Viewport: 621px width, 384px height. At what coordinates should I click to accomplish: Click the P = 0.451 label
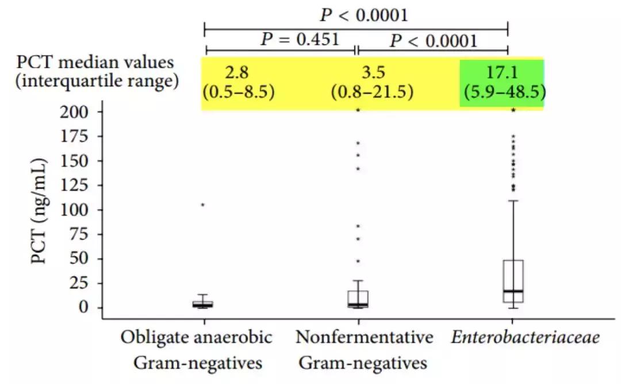[300, 40]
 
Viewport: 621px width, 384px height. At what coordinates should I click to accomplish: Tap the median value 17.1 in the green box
[501, 73]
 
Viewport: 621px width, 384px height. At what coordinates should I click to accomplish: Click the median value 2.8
[237, 73]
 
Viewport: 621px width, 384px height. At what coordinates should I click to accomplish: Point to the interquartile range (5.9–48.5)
[501, 92]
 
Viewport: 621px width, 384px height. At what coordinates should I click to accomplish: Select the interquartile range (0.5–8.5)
[237, 92]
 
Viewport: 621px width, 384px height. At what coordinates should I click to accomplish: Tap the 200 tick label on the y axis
[75, 111]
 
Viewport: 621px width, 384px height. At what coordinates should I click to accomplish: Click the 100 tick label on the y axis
[75, 210]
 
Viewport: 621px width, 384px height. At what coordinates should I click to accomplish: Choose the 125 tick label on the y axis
[75, 185]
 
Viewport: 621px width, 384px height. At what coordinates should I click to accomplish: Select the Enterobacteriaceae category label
[525, 337]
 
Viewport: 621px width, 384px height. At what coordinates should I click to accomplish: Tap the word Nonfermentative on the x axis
[365, 337]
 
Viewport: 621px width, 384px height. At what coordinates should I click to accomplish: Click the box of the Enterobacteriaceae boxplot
[513, 281]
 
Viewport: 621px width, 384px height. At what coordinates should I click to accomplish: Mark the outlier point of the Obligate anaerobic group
[202, 204]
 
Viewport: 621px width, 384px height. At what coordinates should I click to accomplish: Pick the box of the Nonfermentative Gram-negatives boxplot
[358, 299]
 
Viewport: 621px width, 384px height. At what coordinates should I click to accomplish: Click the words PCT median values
[95, 62]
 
